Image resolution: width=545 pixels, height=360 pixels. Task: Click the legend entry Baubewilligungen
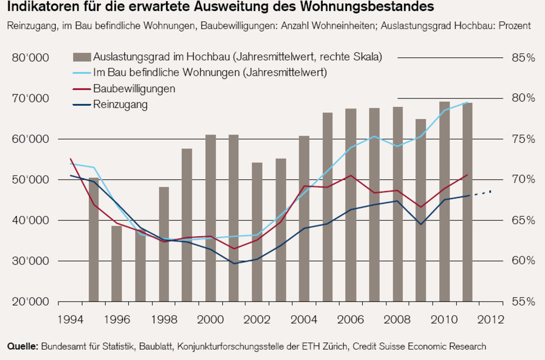[x=134, y=88]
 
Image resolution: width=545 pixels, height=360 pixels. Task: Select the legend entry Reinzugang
[x=120, y=104]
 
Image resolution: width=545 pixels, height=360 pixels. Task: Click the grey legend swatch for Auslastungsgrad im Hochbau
[x=82, y=57]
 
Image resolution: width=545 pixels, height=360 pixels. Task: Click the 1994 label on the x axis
[x=70, y=319]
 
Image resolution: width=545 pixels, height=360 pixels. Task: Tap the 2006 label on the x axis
[x=350, y=319]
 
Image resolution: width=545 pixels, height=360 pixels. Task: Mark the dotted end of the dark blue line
[x=484, y=193]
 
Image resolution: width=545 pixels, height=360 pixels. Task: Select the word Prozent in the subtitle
[x=513, y=26]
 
